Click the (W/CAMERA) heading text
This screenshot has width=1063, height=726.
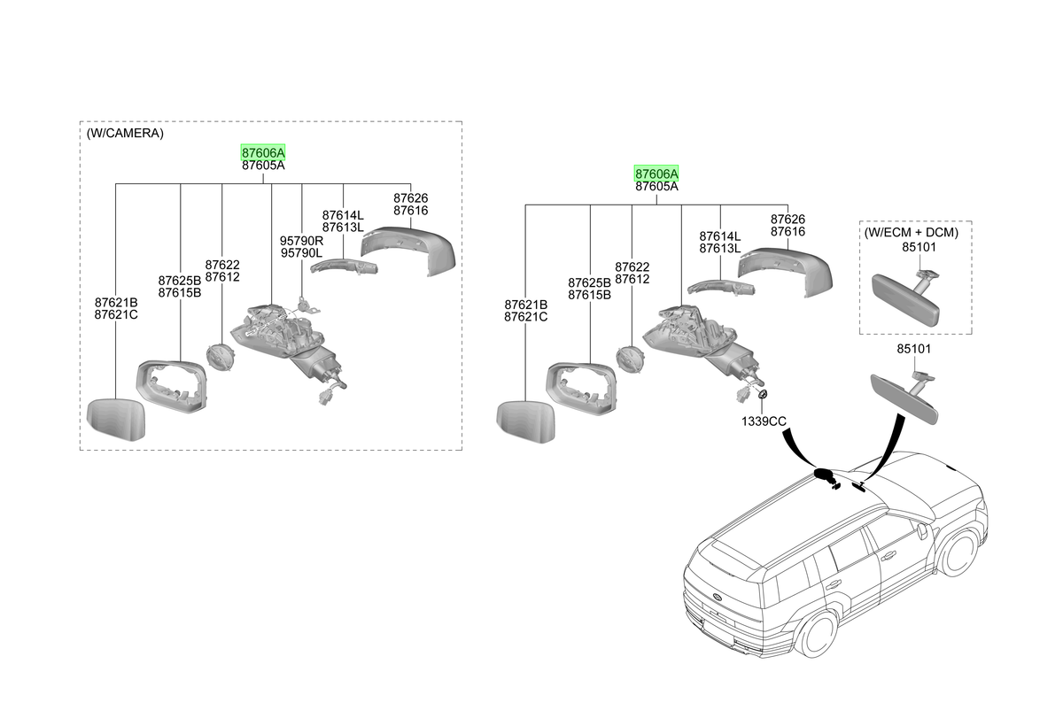125,134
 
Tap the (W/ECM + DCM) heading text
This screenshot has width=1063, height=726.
912,232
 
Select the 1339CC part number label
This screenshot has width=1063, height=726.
764,421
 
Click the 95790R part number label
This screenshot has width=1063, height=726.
301,241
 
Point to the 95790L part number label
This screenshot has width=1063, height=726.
301,253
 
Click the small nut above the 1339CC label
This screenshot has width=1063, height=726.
763,394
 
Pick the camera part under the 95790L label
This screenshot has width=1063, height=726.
307,305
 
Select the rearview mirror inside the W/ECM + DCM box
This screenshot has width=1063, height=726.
906,297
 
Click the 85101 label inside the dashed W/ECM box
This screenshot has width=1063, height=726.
919,247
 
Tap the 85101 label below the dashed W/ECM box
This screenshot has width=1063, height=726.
914,349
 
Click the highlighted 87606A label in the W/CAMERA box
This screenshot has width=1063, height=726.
263,152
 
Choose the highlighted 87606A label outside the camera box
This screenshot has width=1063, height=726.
656,174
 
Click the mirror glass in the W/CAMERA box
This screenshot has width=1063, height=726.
116,419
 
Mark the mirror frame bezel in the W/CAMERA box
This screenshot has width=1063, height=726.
172,387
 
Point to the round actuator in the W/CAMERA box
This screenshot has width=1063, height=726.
221,358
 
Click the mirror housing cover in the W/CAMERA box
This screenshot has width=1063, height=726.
408,251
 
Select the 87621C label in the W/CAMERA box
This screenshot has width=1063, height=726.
116,315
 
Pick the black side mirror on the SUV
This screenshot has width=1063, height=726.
825,475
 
